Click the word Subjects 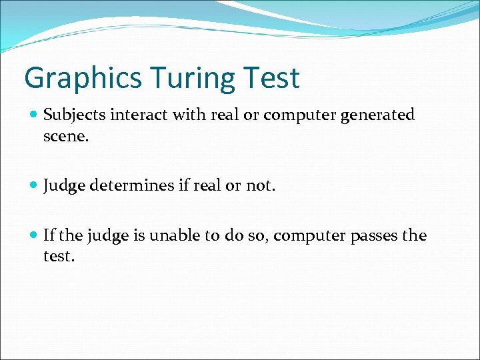click(74, 115)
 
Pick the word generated click(377, 115)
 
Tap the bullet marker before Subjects click(33, 115)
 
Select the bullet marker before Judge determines click(33, 185)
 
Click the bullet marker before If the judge click(33, 236)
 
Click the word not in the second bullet click(260, 185)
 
